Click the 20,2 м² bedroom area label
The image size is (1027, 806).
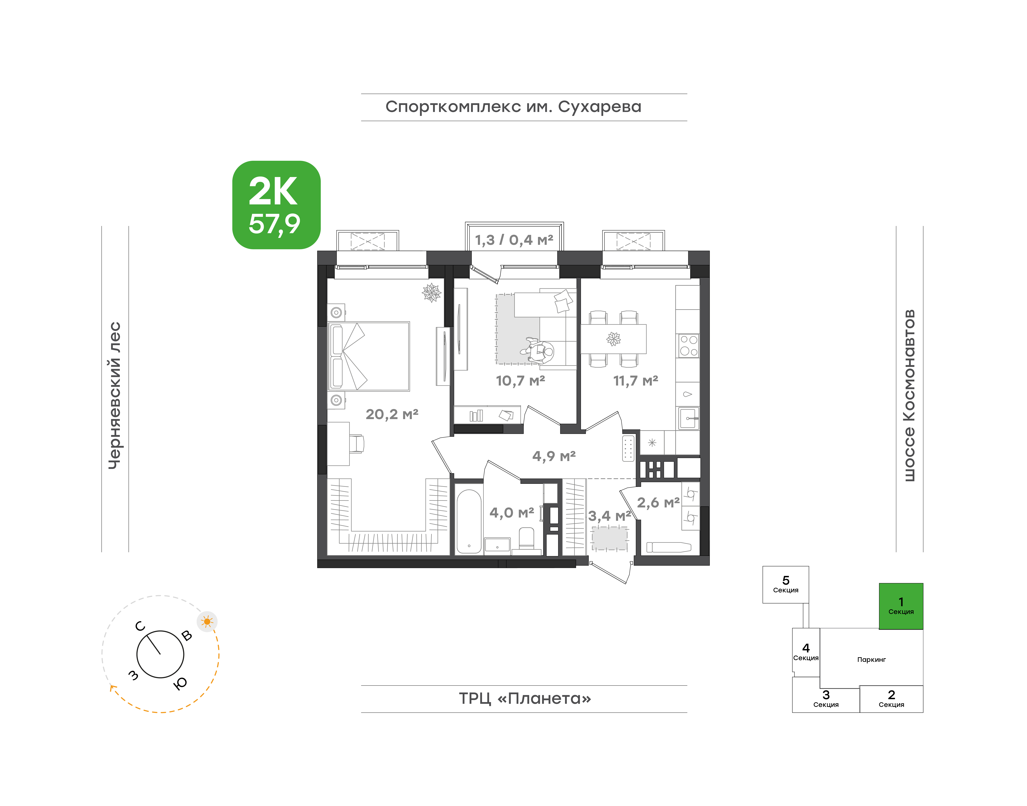(392, 414)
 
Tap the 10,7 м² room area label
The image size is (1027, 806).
(520, 380)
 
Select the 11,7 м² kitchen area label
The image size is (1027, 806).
(635, 380)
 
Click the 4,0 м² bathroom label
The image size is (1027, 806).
(512, 512)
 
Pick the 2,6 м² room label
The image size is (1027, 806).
(658, 503)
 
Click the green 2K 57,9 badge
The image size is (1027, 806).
(276, 205)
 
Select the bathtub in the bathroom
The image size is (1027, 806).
(469, 521)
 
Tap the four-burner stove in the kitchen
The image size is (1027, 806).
(688, 345)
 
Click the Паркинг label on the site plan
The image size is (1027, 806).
(871, 660)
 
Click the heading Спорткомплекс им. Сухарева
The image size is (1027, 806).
(513, 107)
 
